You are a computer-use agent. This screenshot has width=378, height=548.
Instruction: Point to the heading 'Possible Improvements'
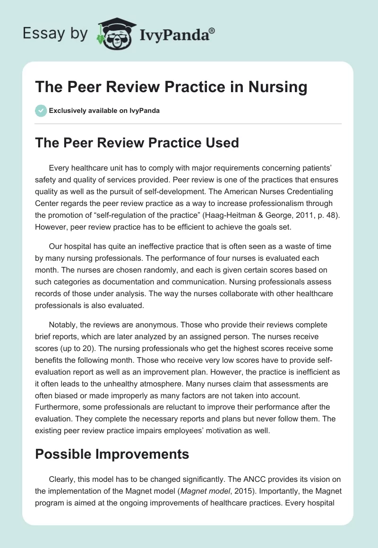112,454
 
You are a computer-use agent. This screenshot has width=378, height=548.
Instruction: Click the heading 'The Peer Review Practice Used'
137,143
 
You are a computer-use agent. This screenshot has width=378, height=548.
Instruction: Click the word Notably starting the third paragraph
64,325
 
